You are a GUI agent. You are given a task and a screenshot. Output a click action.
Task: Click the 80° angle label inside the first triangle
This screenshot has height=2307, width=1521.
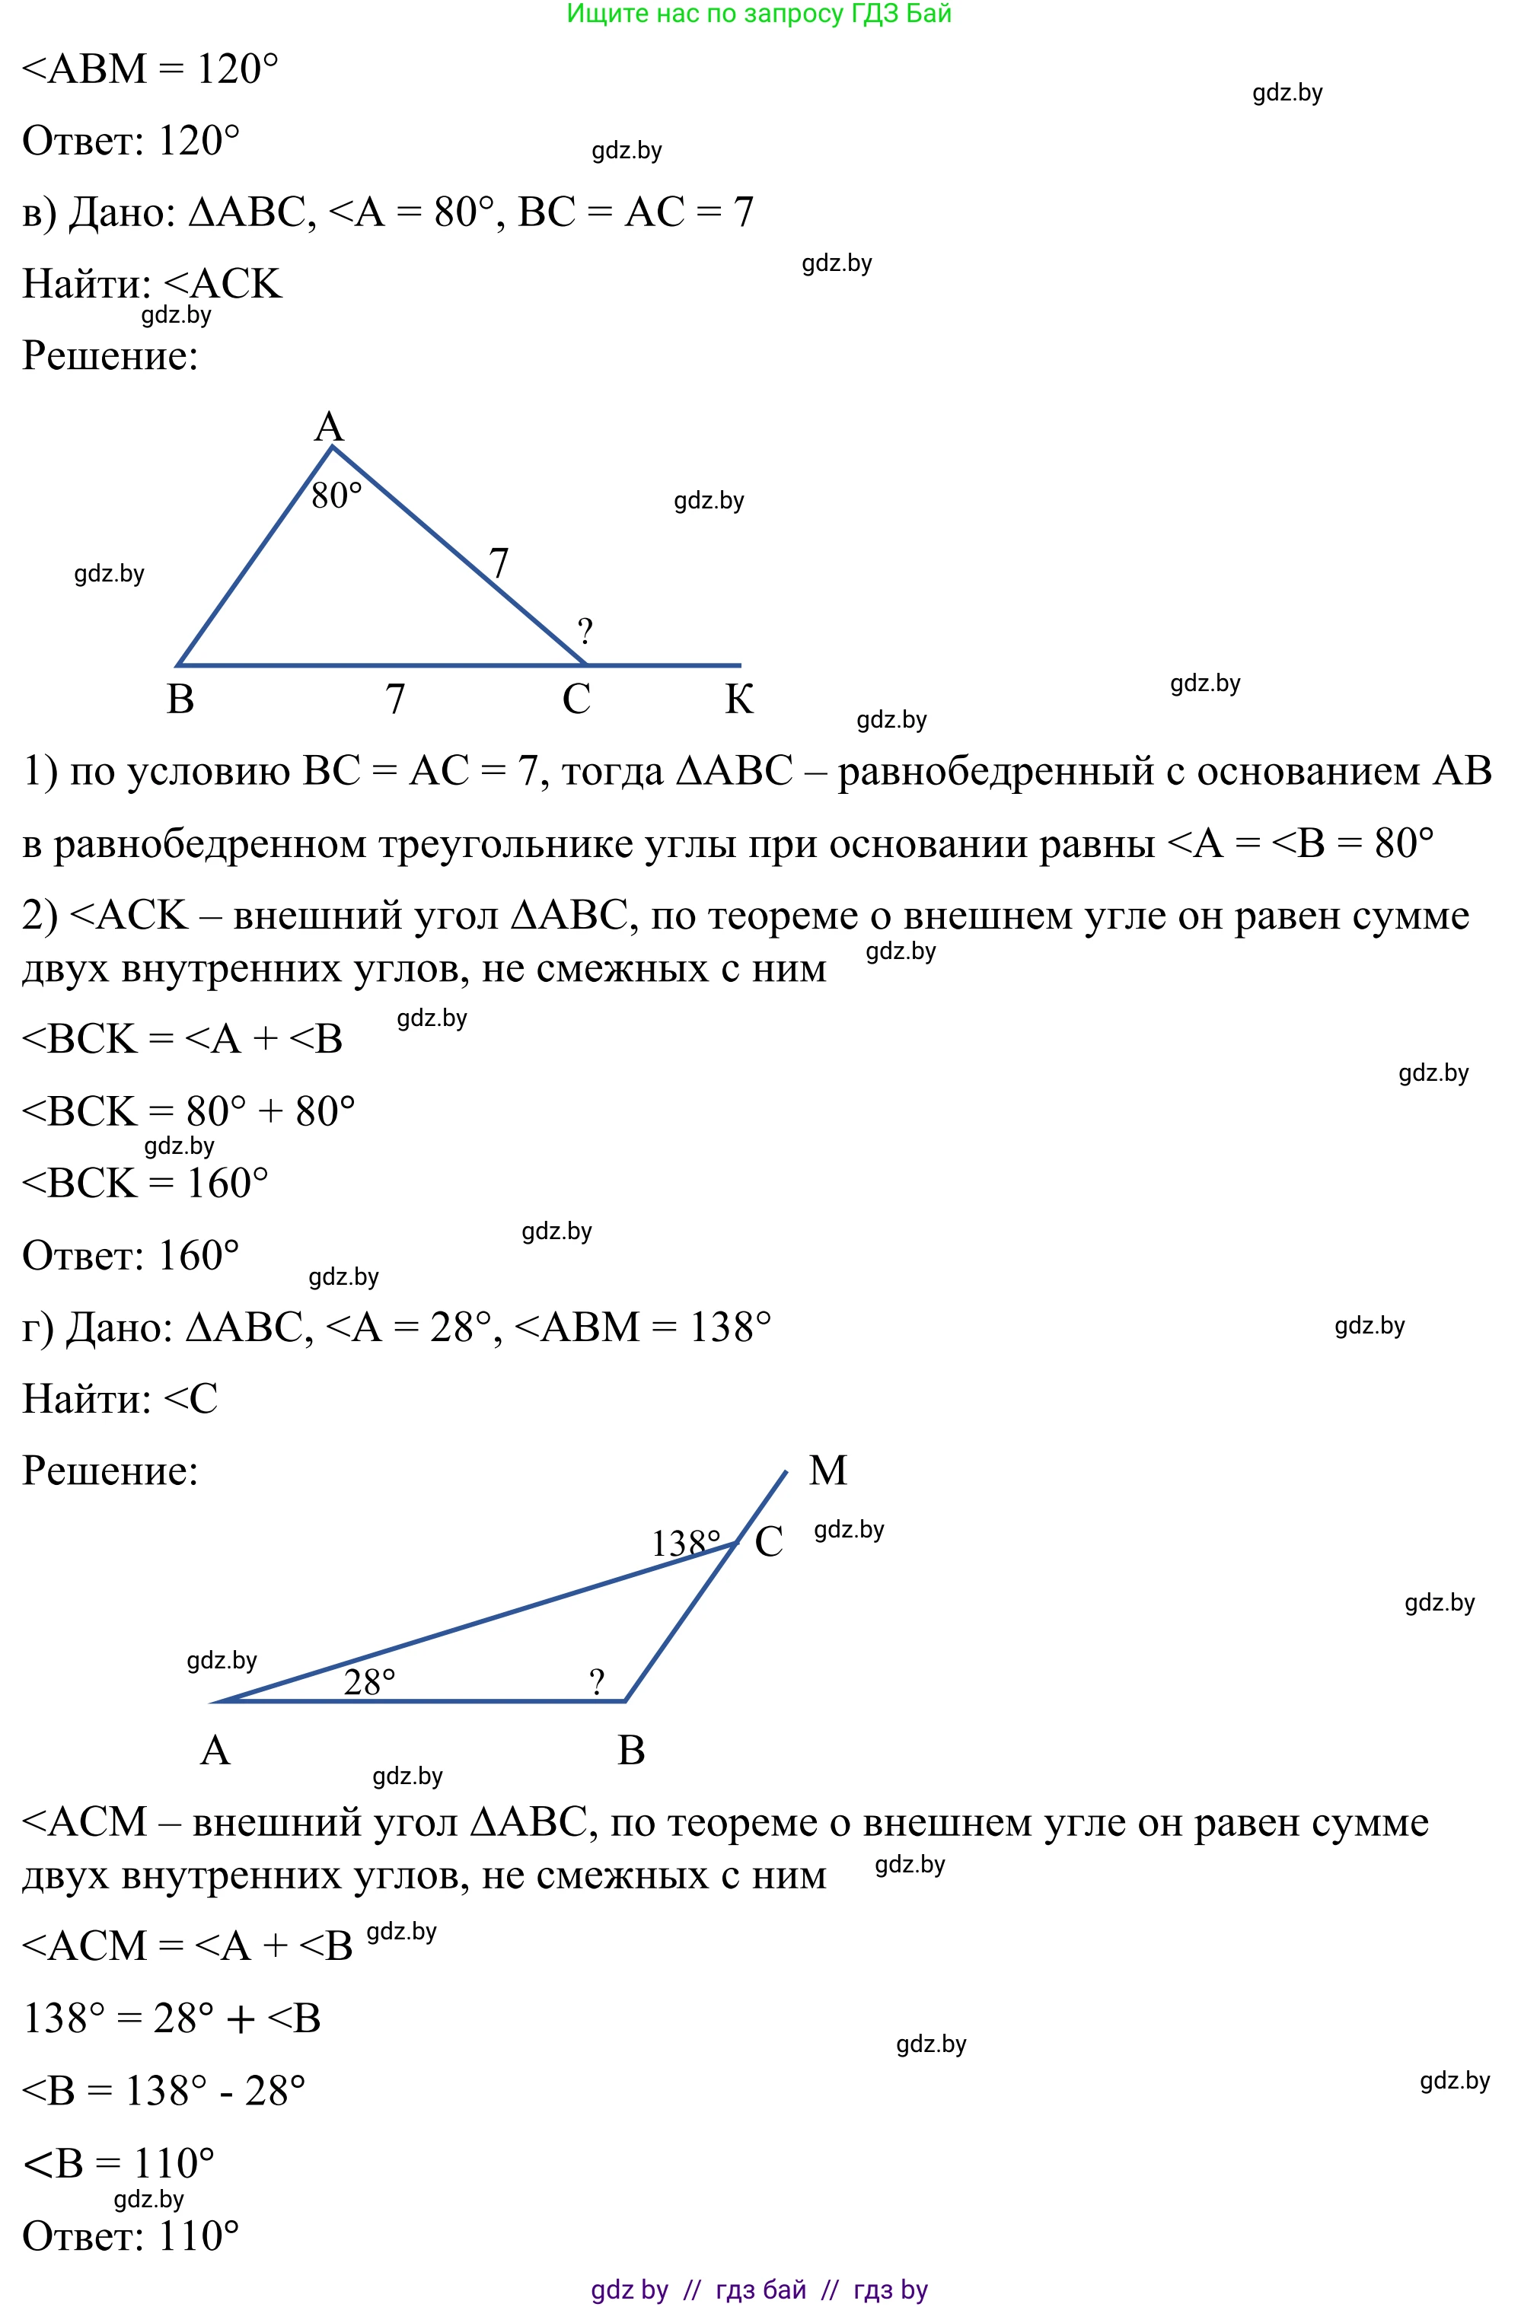click(x=336, y=495)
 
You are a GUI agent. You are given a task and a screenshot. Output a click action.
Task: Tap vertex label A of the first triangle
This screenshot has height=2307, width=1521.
click(x=329, y=427)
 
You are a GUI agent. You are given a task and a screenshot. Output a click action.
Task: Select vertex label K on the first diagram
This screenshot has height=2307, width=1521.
click(x=739, y=699)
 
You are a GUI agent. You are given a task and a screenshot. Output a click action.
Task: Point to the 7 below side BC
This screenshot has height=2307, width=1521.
click(x=395, y=699)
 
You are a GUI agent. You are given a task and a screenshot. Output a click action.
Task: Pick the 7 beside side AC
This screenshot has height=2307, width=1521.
click(x=499, y=563)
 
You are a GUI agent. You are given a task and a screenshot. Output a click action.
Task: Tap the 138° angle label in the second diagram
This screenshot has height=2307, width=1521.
click(x=685, y=1543)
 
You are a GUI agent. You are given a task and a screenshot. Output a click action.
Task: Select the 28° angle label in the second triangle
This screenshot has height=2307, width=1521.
click(x=369, y=1681)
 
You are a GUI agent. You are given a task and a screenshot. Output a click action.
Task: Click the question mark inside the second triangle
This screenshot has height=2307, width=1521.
click(x=597, y=1681)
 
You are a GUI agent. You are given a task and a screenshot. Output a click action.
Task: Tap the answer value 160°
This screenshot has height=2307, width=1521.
click(x=198, y=1256)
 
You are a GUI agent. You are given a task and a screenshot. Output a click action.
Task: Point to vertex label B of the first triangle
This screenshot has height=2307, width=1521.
click(x=180, y=699)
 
